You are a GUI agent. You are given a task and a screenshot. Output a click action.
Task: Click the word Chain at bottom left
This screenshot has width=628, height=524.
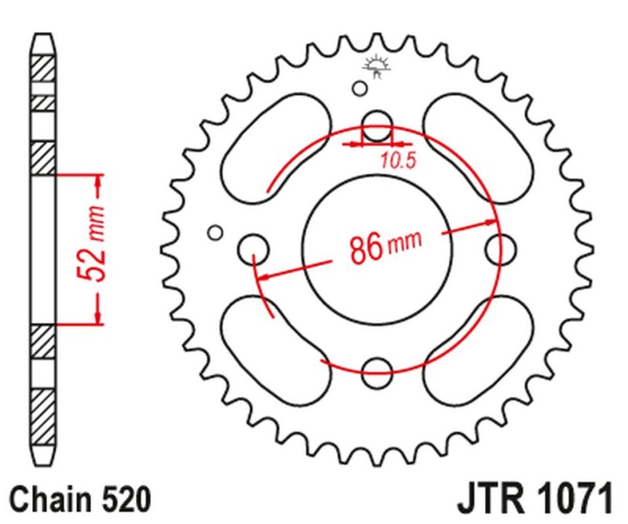48,499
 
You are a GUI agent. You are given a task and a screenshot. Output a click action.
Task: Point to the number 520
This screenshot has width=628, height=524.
121,499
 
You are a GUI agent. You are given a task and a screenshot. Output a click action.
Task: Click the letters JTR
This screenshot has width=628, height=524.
488,499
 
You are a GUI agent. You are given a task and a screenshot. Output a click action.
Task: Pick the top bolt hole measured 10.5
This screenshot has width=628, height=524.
377,123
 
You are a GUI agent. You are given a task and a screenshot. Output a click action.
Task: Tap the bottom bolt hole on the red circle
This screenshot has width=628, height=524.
377,369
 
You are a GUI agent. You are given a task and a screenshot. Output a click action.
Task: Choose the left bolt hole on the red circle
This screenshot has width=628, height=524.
254,249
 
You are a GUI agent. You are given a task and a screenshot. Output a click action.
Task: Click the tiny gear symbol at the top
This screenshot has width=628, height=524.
376,66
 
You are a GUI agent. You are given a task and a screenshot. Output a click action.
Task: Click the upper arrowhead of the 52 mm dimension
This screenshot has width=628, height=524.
98,187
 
